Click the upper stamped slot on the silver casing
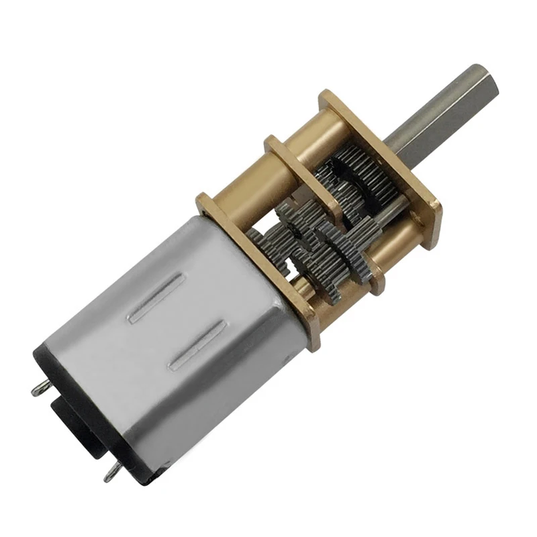(156, 298)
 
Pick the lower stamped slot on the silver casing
(197, 344)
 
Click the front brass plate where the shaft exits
(420, 195)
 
